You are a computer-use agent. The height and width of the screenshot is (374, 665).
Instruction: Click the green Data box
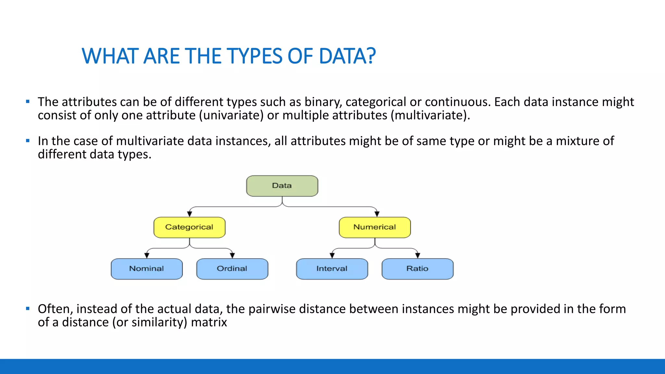tap(282, 186)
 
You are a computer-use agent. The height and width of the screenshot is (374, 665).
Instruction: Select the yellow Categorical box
tap(189, 227)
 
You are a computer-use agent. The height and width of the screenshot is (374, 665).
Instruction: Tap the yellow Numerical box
tap(375, 227)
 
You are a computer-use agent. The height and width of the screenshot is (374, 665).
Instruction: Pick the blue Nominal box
tap(146, 269)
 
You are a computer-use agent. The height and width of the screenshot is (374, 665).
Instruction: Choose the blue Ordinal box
tap(232, 269)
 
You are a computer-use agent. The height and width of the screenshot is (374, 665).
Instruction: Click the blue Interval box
tap(332, 269)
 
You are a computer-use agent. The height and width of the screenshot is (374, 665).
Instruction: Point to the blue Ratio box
tap(417, 269)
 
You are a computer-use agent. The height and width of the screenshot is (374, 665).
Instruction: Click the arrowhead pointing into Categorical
tap(190, 214)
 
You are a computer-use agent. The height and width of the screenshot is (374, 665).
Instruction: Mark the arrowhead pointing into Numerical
tap(377, 214)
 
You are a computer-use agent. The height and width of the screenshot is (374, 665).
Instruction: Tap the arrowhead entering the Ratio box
tap(418, 256)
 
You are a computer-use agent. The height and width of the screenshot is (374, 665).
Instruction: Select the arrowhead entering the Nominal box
tap(147, 256)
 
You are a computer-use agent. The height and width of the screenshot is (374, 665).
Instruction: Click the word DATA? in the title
tap(347, 56)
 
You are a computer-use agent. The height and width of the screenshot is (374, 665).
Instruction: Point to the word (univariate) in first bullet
tap(231, 116)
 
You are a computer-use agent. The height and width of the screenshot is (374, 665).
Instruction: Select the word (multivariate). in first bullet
tap(430, 116)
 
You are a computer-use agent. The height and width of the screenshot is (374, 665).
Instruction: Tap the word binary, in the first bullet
tap(323, 102)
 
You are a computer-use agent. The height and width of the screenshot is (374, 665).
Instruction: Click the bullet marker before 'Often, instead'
tap(28, 308)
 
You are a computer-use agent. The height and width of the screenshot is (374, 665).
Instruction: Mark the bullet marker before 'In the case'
tap(28, 141)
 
